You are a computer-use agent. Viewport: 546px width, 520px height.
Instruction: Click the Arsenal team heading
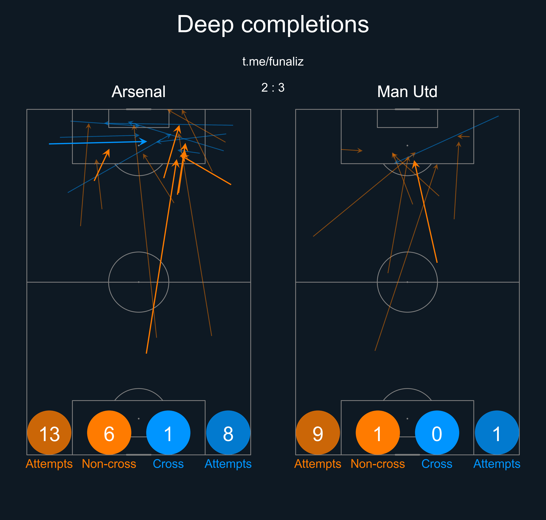138,92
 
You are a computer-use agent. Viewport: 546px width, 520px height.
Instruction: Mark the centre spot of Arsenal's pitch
139,282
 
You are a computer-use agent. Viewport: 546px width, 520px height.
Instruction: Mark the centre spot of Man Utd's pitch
407,282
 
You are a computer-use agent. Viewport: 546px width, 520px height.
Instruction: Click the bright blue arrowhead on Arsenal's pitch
144,142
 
